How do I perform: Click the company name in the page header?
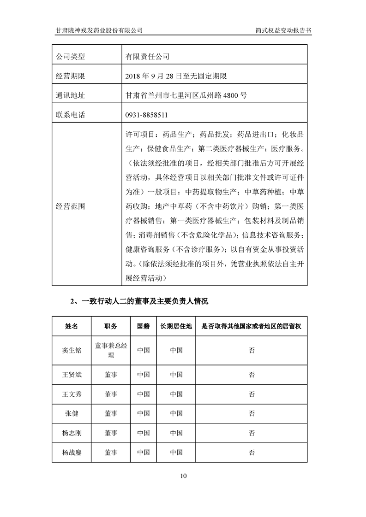[98, 30]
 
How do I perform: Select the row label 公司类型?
[71, 57]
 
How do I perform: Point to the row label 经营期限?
[71, 76]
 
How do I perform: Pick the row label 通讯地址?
[71, 96]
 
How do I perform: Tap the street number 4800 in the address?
[233, 96]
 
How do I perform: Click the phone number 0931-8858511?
[146, 115]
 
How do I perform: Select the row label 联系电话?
[71, 115]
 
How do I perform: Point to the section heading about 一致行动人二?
[139, 302]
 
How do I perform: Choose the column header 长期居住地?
[176, 326]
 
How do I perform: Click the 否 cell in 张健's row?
[252, 413]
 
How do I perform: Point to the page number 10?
[183, 476]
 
